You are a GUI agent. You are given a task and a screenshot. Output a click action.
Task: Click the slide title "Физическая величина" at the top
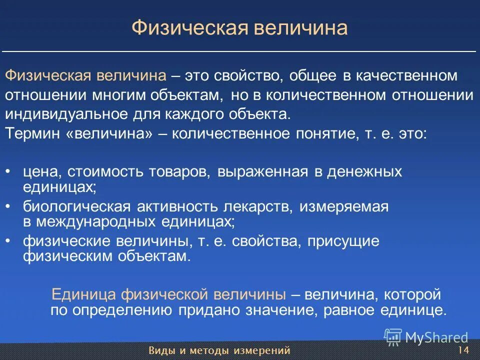point(239,28)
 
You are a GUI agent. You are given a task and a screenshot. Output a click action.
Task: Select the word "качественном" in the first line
point(406,76)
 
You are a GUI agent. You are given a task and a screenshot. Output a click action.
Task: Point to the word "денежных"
point(364,172)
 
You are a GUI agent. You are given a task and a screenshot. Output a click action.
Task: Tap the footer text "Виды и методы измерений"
point(219,350)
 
